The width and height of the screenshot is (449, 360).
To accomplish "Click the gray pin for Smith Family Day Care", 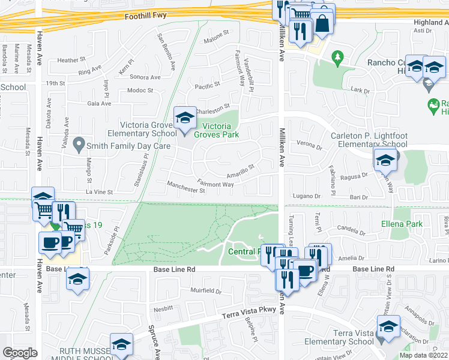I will tap(78, 144).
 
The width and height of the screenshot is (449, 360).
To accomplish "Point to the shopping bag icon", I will tap(322, 23).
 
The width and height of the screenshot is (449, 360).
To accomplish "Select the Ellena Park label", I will tap(402, 224).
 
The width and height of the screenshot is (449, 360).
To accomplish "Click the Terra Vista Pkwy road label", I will tap(248, 312).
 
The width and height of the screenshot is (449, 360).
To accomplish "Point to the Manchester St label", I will tap(186, 189).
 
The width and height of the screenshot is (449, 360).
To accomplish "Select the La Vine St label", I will tap(99, 191).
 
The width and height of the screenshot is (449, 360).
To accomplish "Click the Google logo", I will tap(20, 353).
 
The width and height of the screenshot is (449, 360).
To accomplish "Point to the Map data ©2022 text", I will tap(423, 355).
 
